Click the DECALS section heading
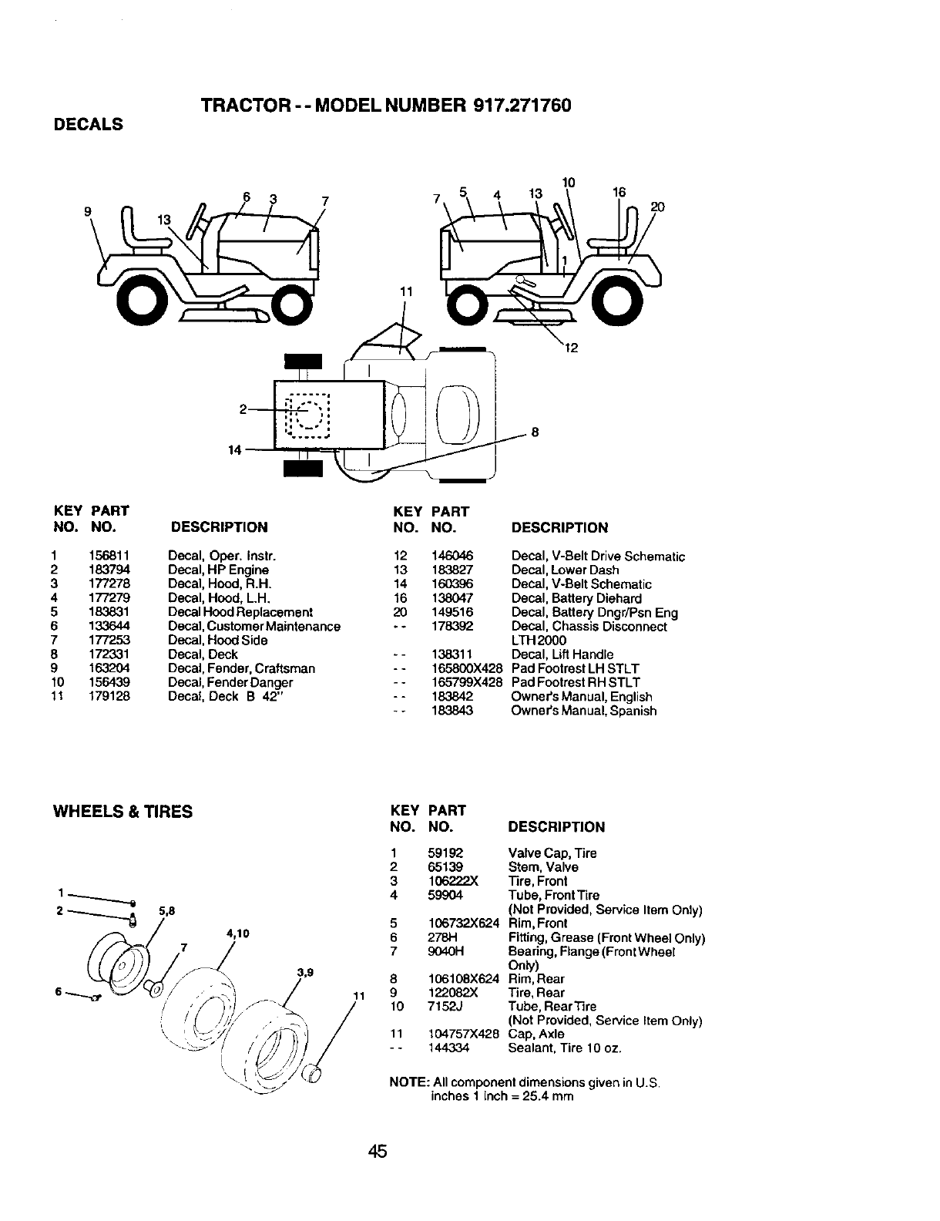tap(88, 125)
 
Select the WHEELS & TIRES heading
tap(122, 812)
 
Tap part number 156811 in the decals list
tap(109, 556)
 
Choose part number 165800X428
tap(467, 668)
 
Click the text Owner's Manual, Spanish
tap(583, 711)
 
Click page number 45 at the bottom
tap(377, 1152)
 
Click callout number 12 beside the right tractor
tap(571, 348)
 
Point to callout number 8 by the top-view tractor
tap(534, 433)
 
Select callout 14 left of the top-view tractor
tap(234, 449)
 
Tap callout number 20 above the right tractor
tap(656, 207)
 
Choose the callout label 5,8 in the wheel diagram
tap(167, 910)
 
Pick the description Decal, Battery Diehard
tap(576, 598)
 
